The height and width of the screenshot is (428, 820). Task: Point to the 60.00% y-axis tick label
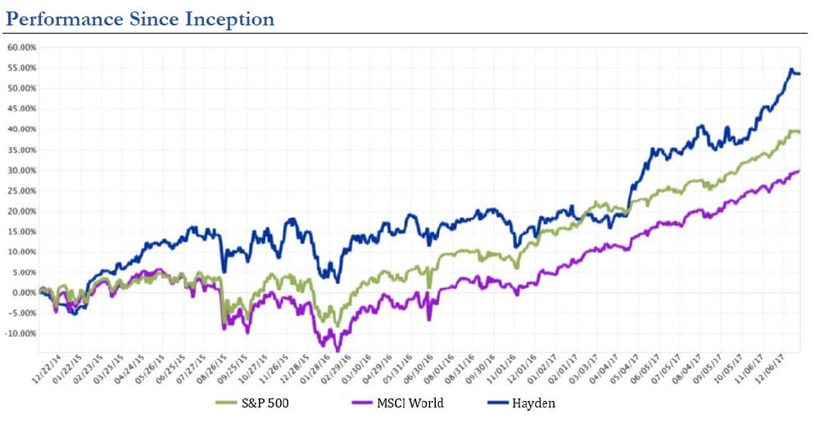22,48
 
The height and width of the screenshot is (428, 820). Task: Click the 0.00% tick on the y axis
24,293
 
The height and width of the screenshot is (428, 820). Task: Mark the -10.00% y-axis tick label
20,334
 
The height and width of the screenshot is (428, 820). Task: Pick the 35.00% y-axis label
22,149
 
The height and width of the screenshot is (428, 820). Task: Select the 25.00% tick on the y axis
22,190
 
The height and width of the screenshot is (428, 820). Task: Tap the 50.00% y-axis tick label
22,89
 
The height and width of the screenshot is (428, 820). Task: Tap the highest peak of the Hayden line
791,70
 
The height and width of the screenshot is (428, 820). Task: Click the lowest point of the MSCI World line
337,350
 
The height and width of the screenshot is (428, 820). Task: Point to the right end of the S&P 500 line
800,132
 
